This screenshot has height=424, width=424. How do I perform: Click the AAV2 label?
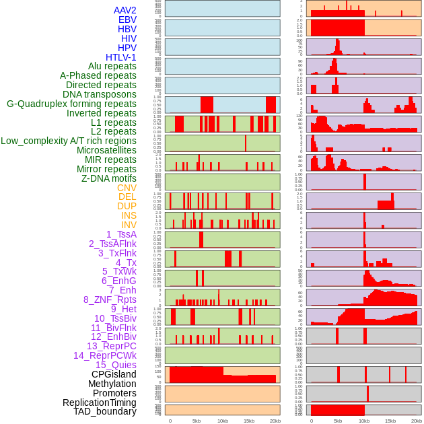point(125,10)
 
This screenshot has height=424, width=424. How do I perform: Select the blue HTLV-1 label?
point(120,57)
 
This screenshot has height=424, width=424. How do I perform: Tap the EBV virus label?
point(127,20)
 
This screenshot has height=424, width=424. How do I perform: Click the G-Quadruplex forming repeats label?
point(71,104)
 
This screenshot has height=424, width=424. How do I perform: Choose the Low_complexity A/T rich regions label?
point(68,141)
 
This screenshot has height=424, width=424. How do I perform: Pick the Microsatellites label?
point(106,150)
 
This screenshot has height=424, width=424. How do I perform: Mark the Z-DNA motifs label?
point(108,178)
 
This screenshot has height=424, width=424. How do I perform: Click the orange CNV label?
point(127,188)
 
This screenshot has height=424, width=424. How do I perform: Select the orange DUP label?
point(127,206)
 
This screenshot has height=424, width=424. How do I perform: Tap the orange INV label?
point(129,225)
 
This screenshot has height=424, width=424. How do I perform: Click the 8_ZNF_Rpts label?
point(110,299)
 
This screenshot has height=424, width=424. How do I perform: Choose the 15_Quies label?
point(116,365)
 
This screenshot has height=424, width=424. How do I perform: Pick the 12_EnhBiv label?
point(114,337)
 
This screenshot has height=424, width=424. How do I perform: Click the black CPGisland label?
point(114,374)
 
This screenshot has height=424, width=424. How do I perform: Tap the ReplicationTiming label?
point(99,402)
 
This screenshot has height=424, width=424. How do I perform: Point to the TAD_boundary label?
point(104,411)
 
